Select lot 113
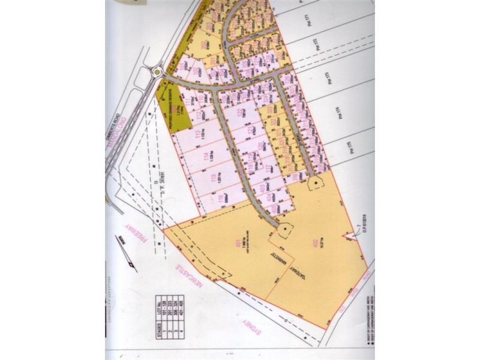tap(199, 134)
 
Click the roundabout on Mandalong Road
tap(156, 73)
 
